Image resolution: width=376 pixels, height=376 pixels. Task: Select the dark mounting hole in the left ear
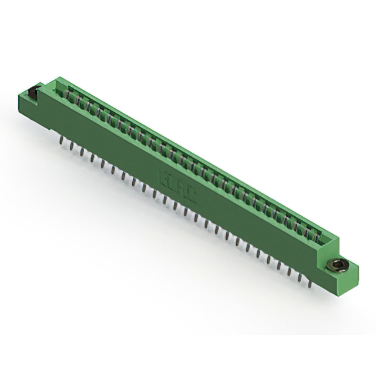[x=34, y=91]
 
